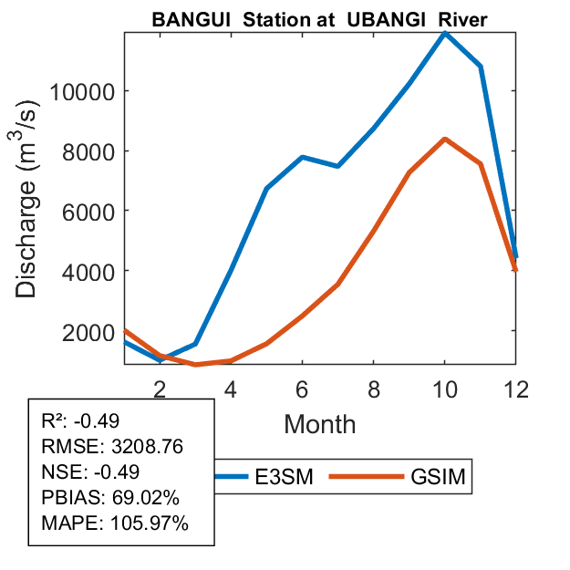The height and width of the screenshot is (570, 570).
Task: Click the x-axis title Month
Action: click(x=320, y=424)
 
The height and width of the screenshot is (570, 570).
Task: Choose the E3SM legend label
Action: click(x=285, y=477)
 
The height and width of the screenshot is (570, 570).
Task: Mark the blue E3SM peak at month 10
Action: click(x=444, y=33)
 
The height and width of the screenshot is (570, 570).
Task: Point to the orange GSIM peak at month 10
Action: click(x=444, y=140)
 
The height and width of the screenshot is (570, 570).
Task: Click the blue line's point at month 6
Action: click(x=302, y=158)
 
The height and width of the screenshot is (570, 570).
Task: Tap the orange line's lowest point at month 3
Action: click(x=195, y=364)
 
